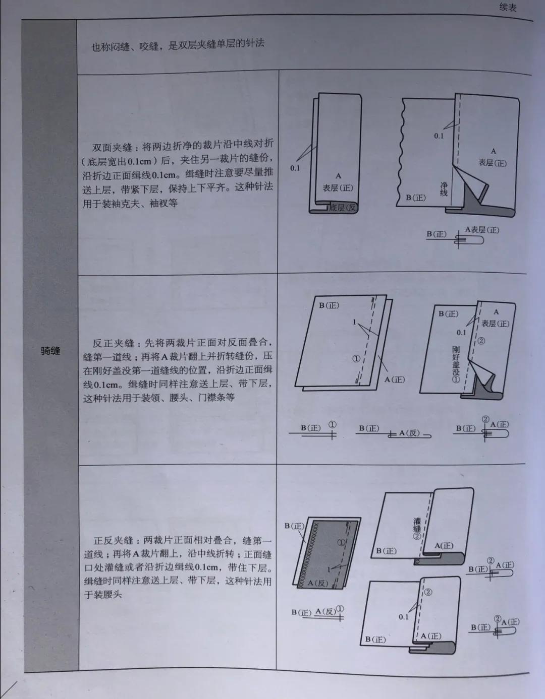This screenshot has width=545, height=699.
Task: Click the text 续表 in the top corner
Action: pos(508,7)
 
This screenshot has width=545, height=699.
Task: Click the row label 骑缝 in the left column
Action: pos(50,351)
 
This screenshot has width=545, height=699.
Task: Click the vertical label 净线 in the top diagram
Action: pos(444,188)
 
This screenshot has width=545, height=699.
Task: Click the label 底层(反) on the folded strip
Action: pos(343,208)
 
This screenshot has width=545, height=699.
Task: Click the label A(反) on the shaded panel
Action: pos(318,583)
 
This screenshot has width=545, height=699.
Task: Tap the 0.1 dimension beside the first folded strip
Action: pos(295,168)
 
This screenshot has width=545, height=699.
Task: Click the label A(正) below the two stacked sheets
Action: pos(395,379)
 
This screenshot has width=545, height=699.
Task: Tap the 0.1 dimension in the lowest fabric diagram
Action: pos(403,616)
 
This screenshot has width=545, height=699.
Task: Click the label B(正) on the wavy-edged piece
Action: pos(416,198)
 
